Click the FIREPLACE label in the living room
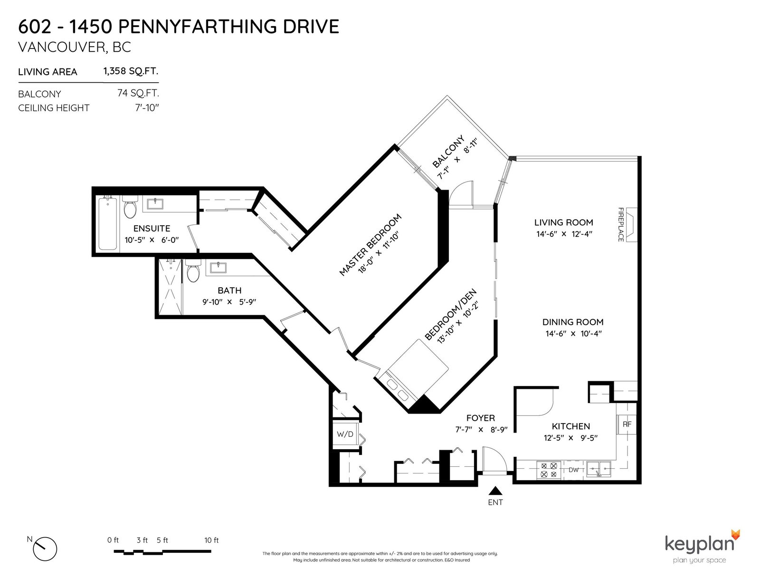pyautogui.click(x=620, y=224)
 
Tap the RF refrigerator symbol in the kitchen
pyautogui.click(x=627, y=424)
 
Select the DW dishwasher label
pyautogui.click(x=573, y=470)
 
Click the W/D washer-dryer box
pyautogui.click(x=345, y=434)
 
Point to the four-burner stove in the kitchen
pyautogui.click(x=549, y=470)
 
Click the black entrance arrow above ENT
pyautogui.click(x=495, y=491)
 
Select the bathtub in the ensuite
pyautogui.click(x=108, y=224)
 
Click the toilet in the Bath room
pyautogui.click(x=193, y=270)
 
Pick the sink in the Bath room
pyautogui.click(x=218, y=268)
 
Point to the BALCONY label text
pyautogui.click(x=449, y=151)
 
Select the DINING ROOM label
pyautogui.click(x=573, y=322)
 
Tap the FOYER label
pyautogui.click(x=481, y=418)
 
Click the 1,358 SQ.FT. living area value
pyautogui.click(x=131, y=71)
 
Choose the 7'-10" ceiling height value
pyautogui.click(x=147, y=108)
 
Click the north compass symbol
pyautogui.click(x=45, y=549)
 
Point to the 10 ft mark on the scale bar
pyautogui.click(x=211, y=540)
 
